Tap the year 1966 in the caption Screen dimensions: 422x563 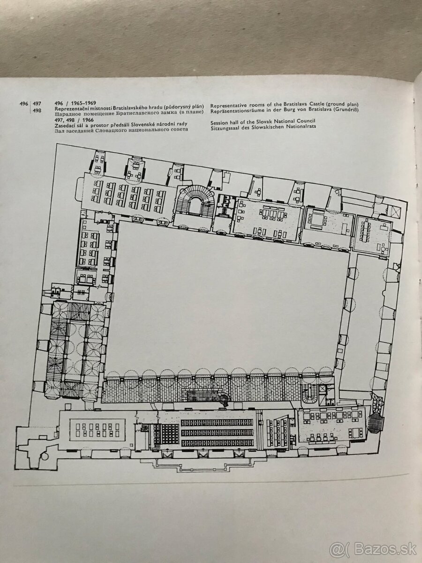[x=89, y=120]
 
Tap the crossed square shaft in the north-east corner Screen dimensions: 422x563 [x=395, y=211]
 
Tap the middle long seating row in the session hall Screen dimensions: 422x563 [x=217, y=433]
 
